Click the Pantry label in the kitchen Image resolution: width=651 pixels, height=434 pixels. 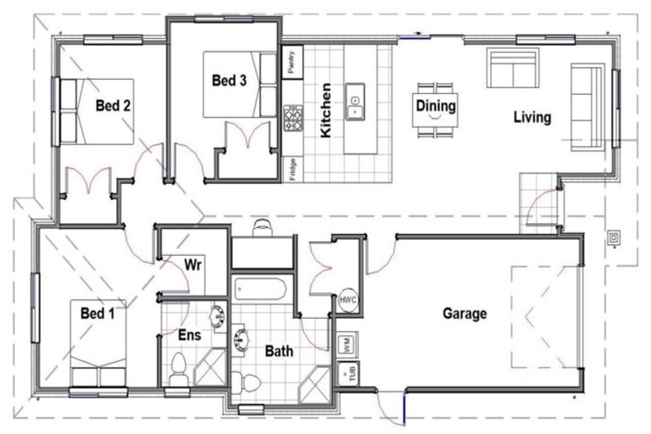292,62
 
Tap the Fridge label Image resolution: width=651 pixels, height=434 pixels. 292,169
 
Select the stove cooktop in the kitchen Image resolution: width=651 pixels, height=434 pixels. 293,118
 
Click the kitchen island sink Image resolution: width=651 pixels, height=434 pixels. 354,102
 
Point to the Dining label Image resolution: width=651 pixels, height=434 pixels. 436,105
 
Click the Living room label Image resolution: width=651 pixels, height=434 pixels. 532,117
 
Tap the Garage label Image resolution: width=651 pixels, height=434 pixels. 465,313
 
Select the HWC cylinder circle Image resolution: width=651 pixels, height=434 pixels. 348,300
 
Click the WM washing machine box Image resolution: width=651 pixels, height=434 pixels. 347,344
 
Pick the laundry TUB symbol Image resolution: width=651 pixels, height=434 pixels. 348,373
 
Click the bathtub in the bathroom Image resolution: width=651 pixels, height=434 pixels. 260,289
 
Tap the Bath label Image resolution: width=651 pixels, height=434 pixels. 279,351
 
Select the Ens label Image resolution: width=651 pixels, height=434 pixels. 189,335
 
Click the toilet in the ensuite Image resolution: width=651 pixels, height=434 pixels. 179,370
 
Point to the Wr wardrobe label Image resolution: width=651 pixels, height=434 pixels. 193,264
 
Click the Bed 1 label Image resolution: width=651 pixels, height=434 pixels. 97,313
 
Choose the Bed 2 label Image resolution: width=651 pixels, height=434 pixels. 113,105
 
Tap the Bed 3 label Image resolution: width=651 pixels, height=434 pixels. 229,81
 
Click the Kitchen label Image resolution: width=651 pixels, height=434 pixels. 325,110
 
